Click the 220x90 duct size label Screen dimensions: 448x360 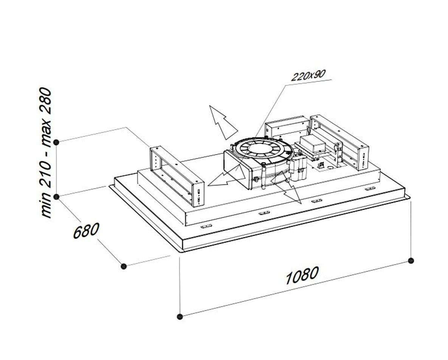click(x=308, y=75)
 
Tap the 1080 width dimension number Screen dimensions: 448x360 click(x=302, y=275)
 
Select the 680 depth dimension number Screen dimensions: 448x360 click(x=86, y=231)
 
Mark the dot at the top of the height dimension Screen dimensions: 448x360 click(x=57, y=142)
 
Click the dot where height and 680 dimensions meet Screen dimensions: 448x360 click(x=57, y=197)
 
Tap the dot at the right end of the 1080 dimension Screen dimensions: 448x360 click(x=411, y=260)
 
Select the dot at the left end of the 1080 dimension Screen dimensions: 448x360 click(x=180, y=316)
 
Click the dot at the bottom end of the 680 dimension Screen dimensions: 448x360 click(x=124, y=266)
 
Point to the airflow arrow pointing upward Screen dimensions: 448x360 click(x=223, y=121)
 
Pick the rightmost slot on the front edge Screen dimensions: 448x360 click(x=370, y=189)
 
